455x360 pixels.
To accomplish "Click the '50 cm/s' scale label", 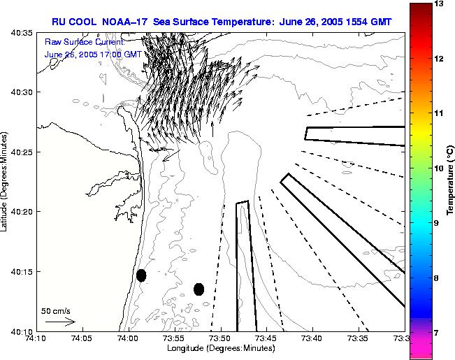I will click(55, 310).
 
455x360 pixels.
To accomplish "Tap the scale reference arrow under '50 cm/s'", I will click(60, 322).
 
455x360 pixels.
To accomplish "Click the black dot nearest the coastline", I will click(141, 275).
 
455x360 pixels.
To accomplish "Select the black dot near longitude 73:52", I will click(198, 289).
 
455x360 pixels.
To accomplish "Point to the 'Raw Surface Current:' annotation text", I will click(74, 43).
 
